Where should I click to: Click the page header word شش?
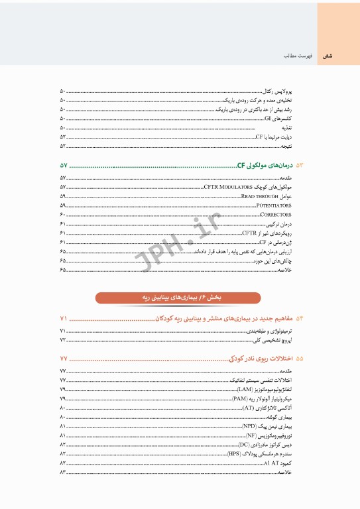click(327, 57)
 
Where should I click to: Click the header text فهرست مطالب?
click(294, 57)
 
